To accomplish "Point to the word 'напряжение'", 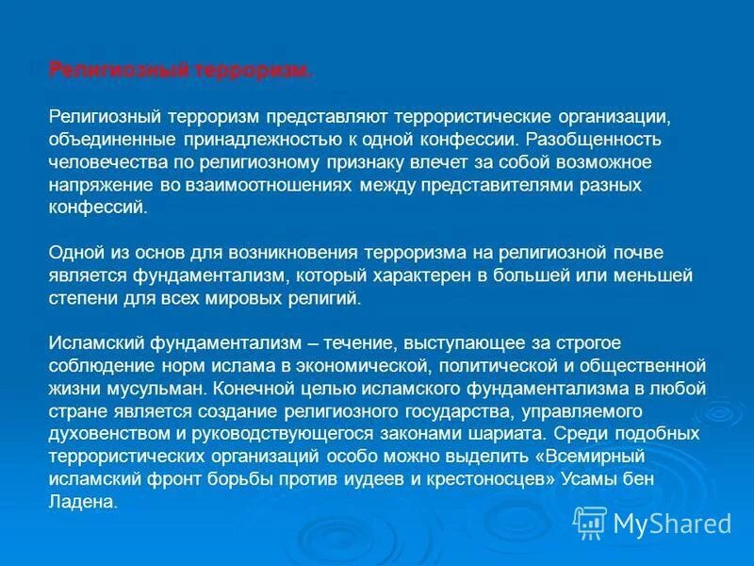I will point(97,185).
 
